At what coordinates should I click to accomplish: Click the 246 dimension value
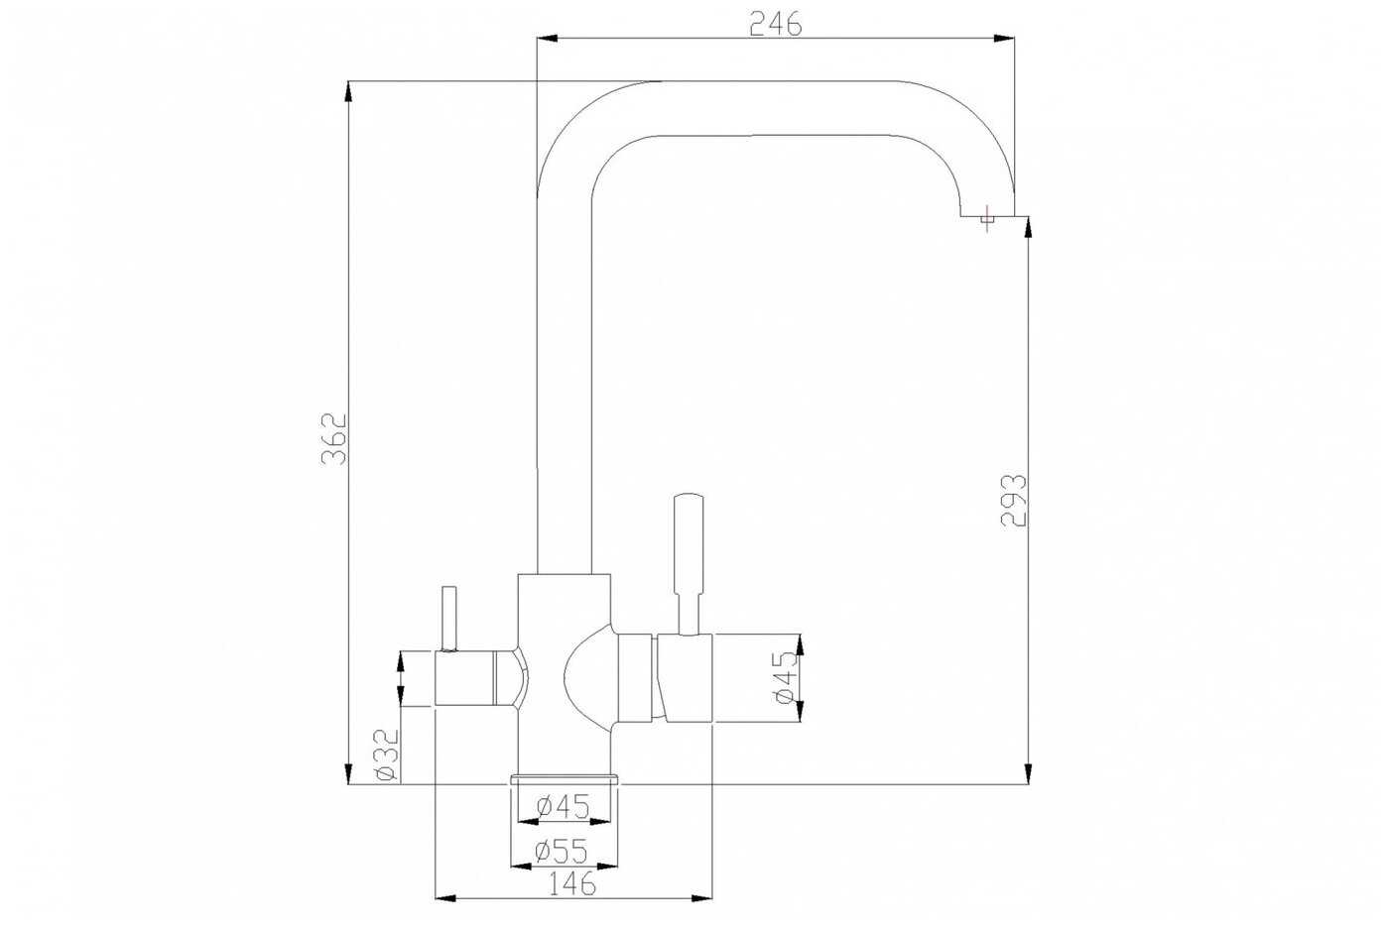click(x=776, y=24)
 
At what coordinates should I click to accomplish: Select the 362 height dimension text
click(x=334, y=439)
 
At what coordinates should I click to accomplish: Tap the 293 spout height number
click(x=1014, y=501)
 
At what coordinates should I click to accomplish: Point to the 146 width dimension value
click(x=572, y=883)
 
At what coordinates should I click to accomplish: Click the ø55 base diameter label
click(x=561, y=853)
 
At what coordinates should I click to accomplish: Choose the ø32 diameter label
click(x=387, y=755)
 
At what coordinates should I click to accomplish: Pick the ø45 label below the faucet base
click(x=564, y=807)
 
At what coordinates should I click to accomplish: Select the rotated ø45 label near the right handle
click(x=785, y=677)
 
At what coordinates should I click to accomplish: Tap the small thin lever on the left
click(x=448, y=618)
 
